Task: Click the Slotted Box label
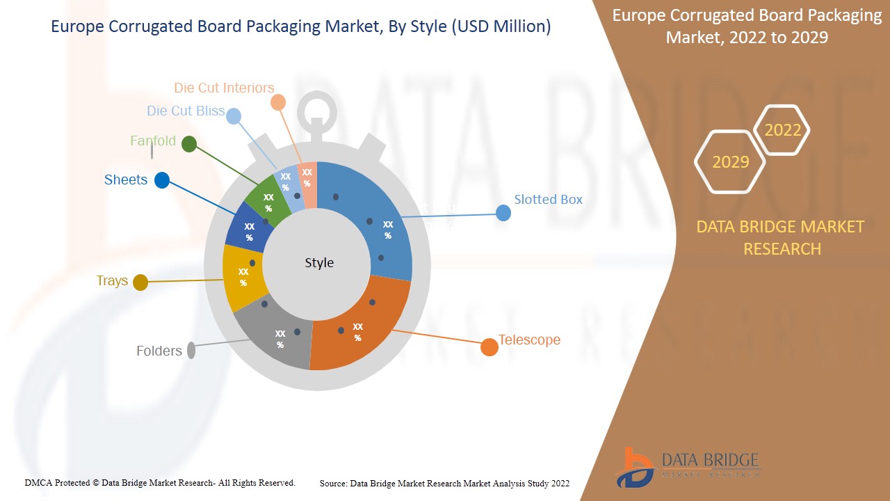548,200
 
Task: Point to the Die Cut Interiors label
224,88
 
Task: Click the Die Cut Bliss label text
186,111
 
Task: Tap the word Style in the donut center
319,262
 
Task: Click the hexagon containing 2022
782,130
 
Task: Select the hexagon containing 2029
730,162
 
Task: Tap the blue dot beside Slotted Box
503,213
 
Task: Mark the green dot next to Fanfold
188,144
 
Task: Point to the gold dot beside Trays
140,283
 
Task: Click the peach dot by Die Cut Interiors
277,102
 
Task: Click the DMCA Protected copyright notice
160,483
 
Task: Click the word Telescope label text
529,340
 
